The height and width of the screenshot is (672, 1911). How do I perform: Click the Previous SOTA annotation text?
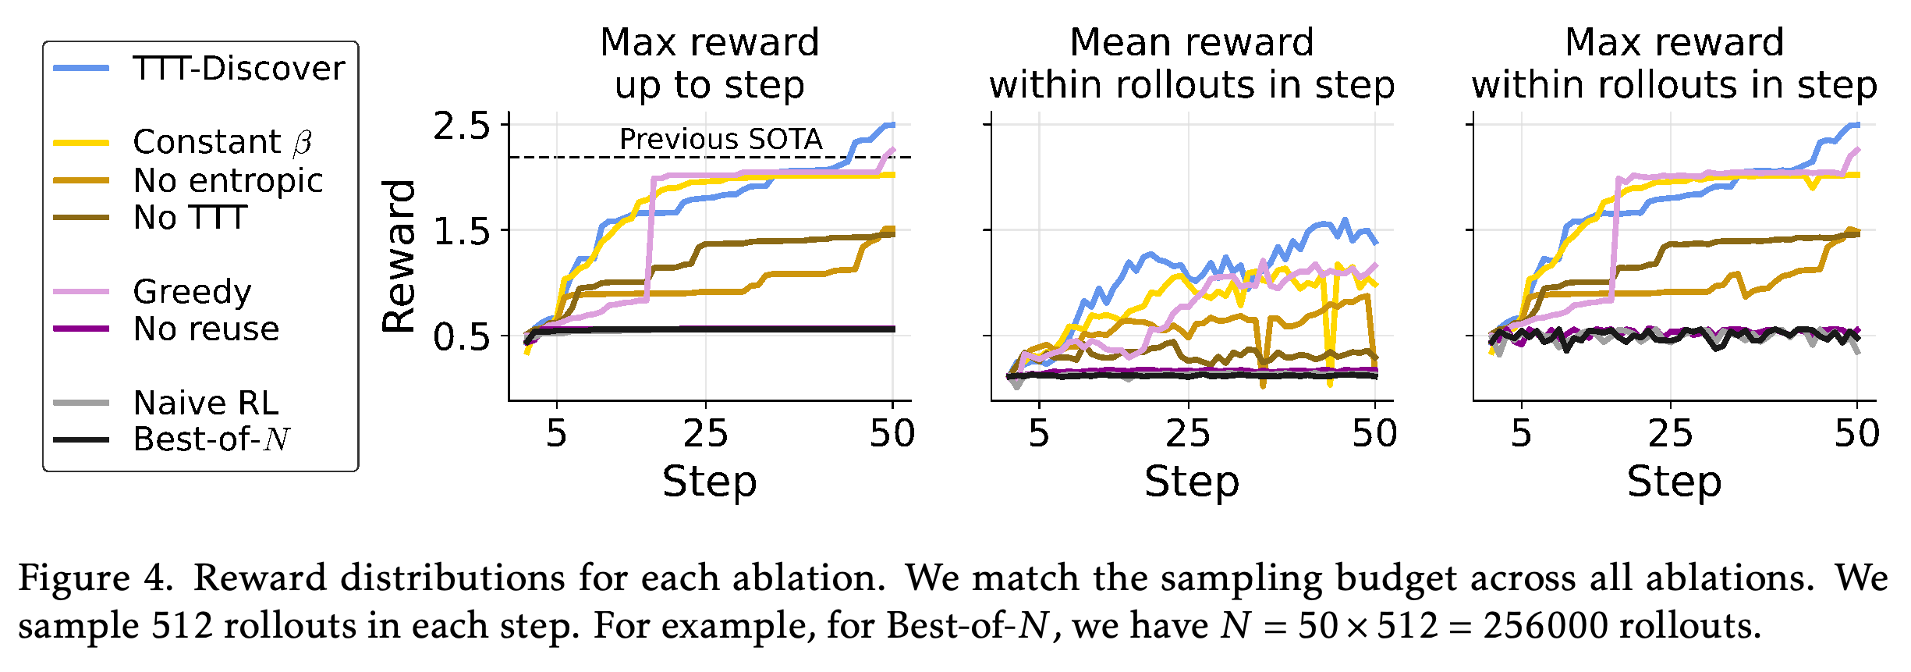(721, 139)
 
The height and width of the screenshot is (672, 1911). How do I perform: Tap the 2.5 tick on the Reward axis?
(462, 126)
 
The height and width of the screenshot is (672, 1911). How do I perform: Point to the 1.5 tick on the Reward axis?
(462, 231)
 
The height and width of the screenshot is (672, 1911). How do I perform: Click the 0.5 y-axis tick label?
(462, 337)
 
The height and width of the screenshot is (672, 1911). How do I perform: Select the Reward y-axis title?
(399, 257)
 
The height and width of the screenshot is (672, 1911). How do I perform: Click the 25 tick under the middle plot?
(1188, 433)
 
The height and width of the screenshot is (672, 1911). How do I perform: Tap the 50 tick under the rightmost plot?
(1857, 433)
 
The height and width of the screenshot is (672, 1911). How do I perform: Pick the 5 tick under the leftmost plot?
(556, 433)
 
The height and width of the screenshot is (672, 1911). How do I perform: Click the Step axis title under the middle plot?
(1192, 482)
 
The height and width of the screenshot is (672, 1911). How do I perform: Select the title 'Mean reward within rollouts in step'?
(1192, 63)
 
